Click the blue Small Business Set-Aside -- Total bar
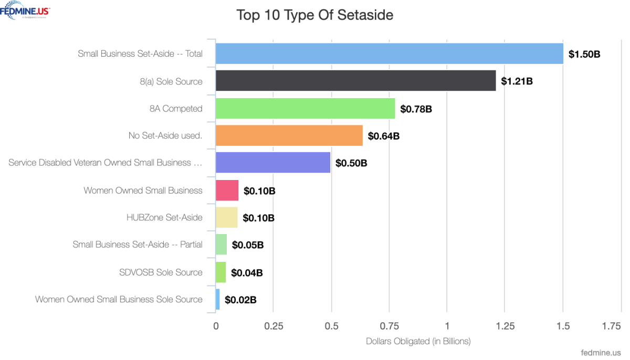point(389,54)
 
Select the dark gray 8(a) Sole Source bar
point(355,81)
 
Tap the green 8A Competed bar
point(305,108)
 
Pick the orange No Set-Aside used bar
point(289,135)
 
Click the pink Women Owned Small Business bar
point(227,190)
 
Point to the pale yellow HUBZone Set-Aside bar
point(226,217)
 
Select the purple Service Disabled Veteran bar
point(272,163)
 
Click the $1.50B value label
point(584,54)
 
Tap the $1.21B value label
point(517,81)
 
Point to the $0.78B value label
point(416,109)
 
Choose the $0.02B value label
point(240,300)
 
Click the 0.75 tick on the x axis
point(389,326)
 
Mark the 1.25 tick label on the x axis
point(505,326)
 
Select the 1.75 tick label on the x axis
point(611,326)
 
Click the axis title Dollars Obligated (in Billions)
point(418,341)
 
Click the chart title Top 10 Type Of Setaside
point(314,15)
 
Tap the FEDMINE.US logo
point(26,10)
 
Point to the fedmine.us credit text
point(601,353)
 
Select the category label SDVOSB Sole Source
point(161,272)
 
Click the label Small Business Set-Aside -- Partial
point(138,245)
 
